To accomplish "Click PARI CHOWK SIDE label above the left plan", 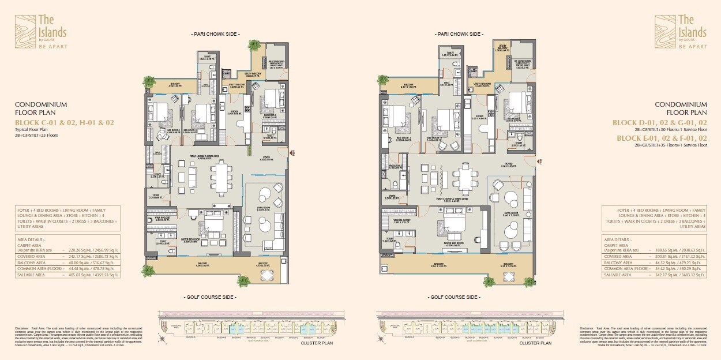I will (215, 35).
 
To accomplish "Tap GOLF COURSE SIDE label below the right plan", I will (453, 297).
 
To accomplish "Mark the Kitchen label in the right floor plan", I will (480, 116).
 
